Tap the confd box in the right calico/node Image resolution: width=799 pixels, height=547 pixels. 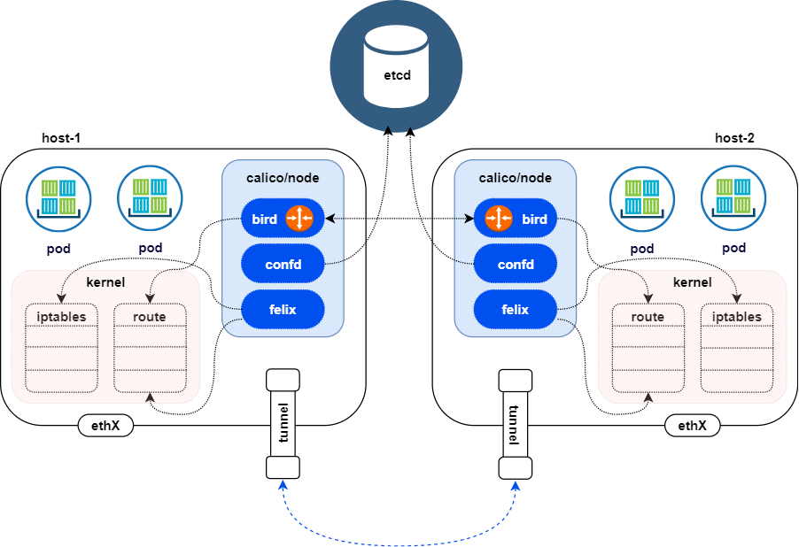tap(515, 264)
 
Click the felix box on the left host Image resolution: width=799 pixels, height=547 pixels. tap(282, 310)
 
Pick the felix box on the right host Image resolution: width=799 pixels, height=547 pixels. tap(515, 310)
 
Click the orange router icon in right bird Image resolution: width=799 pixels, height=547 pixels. tap(500, 219)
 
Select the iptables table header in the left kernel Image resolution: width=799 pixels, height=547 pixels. tap(61, 317)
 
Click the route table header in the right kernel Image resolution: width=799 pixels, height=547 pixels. tap(648, 317)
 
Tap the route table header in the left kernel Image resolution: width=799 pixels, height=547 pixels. tap(150, 317)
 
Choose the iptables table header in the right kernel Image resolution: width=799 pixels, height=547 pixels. tap(736, 317)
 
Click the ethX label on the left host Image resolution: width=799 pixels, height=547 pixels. tap(105, 426)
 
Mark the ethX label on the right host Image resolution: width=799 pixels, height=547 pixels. tap(692, 426)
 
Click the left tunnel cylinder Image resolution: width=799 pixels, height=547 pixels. tap(283, 424)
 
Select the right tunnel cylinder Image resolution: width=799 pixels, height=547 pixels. tap(515, 424)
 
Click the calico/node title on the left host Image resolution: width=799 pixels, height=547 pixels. tap(282, 178)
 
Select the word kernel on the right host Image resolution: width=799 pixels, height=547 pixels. tap(692, 282)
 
